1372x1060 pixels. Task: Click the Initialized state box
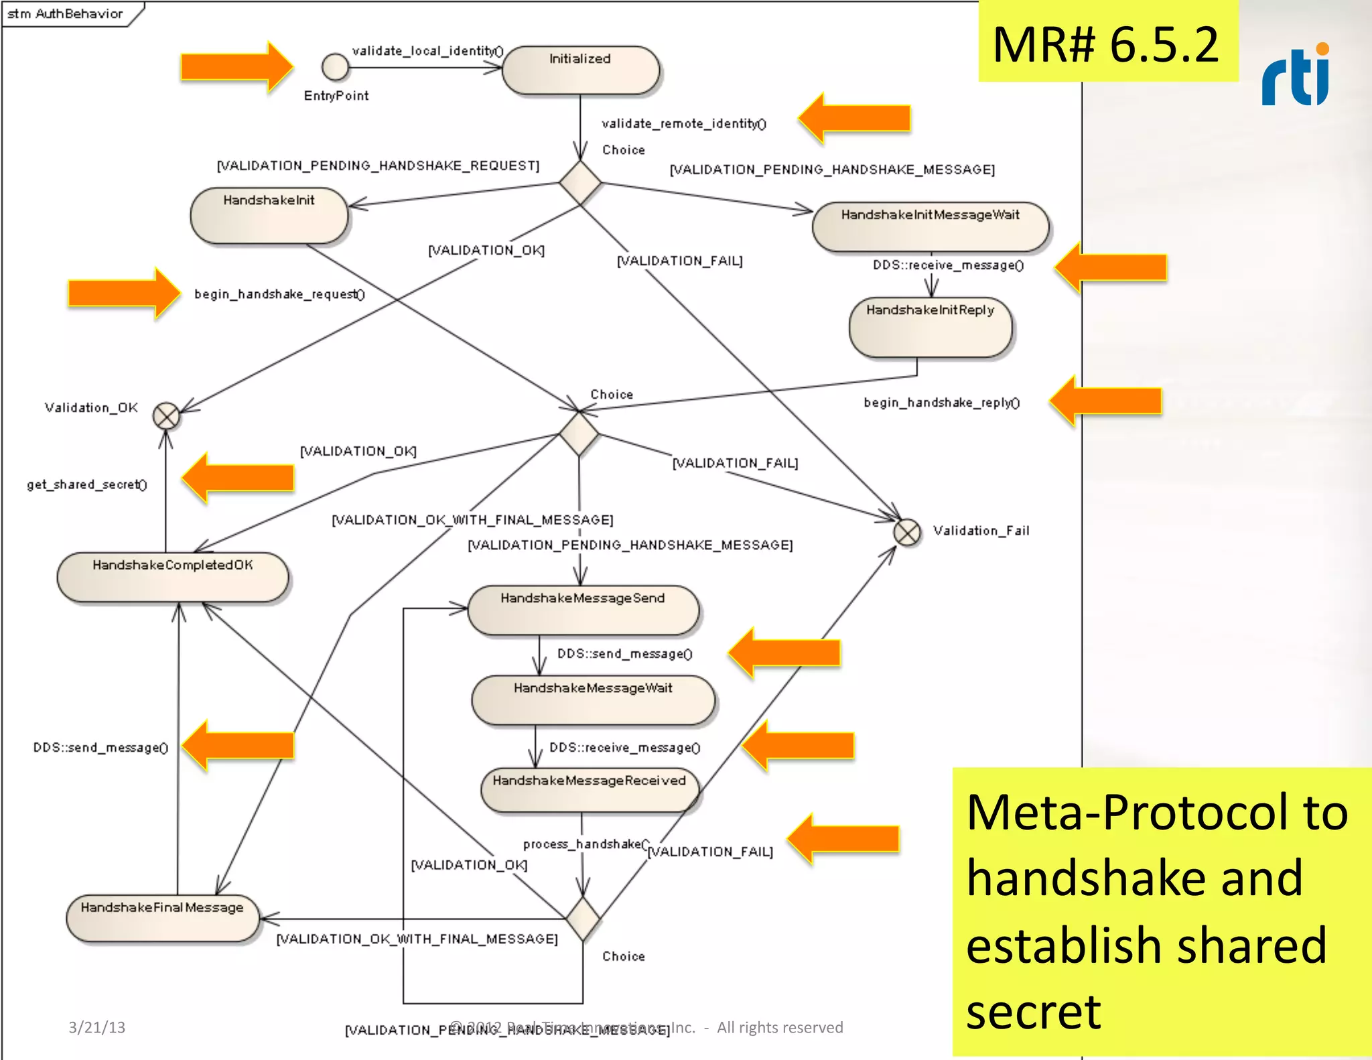(x=580, y=70)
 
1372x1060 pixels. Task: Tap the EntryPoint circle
(x=335, y=67)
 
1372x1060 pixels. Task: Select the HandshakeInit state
(x=269, y=215)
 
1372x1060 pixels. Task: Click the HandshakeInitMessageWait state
(x=930, y=226)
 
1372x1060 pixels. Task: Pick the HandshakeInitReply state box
(x=930, y=327)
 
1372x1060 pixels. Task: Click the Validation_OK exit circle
(x=166, y=416)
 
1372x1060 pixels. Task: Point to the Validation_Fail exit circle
(x=907, y=533)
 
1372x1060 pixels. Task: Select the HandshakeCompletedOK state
(x=173, y=577)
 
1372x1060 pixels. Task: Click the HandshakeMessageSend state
(x=583, y=610)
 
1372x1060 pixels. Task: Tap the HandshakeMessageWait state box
(x=593, y=700)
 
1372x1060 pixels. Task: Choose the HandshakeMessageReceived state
(x=590, y=791)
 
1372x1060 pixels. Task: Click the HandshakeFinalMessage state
(x=162, y=918)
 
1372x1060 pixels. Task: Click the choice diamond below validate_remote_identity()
(x=580, y=182)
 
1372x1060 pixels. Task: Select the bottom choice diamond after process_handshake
(x=583, y=919)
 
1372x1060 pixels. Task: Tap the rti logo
(x=1296, y=75)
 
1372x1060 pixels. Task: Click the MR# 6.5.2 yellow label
(x=1107, y=44)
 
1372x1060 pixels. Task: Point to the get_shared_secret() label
(x=87, y=484)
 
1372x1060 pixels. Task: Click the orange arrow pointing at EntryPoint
(x=236, y=66)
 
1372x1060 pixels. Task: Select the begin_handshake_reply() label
(x=941, y=403)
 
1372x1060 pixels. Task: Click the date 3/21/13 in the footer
(x=96, y=1027)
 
